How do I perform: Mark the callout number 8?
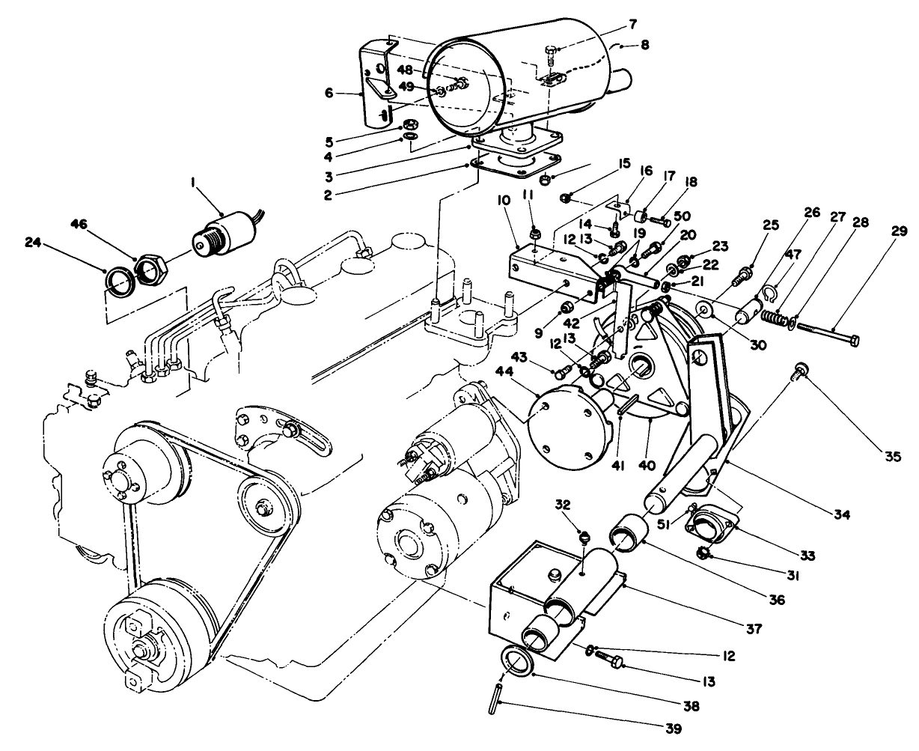click(x=644, y=45)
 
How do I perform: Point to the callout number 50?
click(x=682, y=216)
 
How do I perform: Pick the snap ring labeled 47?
click(x=766, y=293)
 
